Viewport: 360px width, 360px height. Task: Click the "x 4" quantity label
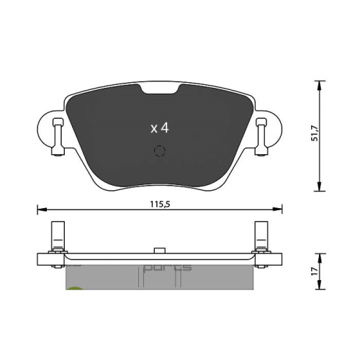[x=159, y=128]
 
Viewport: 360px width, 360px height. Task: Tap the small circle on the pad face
[x=160, y=151]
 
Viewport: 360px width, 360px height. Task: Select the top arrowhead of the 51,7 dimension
[x=317, y=83]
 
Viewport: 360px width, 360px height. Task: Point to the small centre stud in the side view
[x=159, y=249]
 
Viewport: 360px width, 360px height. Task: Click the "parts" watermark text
[x=168, y=267]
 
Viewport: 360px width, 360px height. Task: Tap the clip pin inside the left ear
[x=55, y=137]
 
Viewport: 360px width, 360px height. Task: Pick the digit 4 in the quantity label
[x=165, y=128]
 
